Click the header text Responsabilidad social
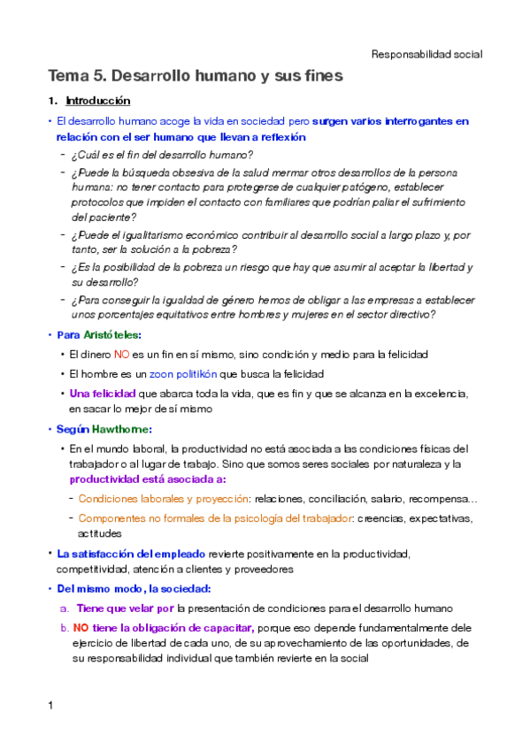[x=426, y=54]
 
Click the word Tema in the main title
[x=69, y=77]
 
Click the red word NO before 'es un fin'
[x=123, y=355]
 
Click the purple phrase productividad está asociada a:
[x=147, y=479]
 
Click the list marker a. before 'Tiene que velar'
[x=65, y=608]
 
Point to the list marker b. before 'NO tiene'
[x=65, y=626]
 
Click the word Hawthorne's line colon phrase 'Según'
[x=74, y=429]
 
